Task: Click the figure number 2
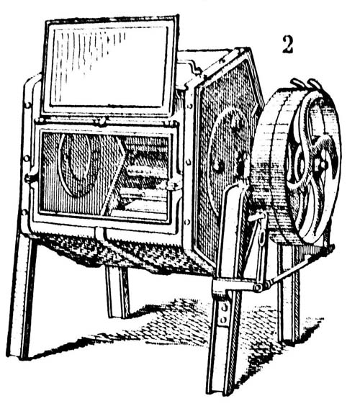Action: click(287, 45)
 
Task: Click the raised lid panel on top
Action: click(111, 66)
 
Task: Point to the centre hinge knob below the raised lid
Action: click(102, 121)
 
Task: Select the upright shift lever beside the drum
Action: click(260, 248)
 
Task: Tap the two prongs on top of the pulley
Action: click(305, 84)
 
